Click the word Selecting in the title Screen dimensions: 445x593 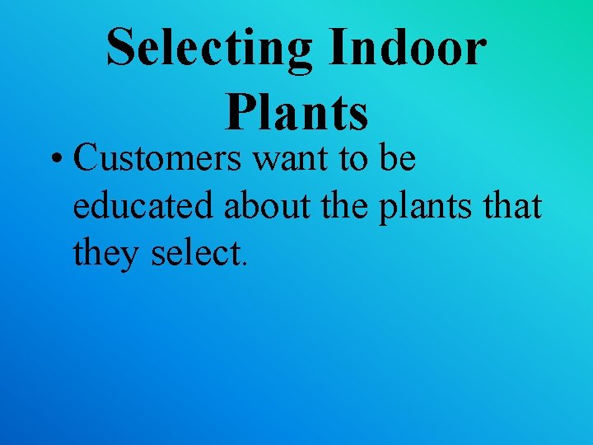tap(210, 47)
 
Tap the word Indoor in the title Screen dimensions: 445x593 tap(408, 47)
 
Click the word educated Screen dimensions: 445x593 tap(144, 206)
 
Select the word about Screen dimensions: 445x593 tap(265, 206)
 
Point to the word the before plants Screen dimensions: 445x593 tap(346, 206)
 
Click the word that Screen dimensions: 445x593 tap(512, 206)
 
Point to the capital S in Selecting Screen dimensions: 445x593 tap(121, 48)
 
